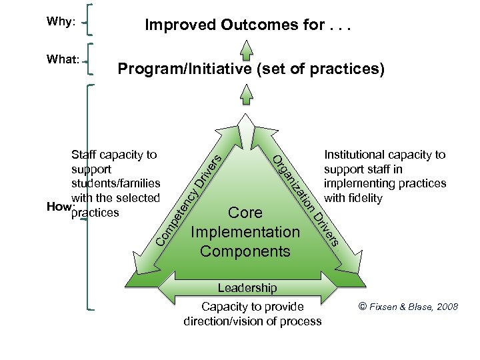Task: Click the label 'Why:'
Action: point(60,22)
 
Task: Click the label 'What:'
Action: point(63,59)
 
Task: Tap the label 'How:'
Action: point(57,207)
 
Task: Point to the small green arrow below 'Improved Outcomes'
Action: point(247,50)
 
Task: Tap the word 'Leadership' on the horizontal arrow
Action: point(247,288)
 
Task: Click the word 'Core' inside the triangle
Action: point(245,213)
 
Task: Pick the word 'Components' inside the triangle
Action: point(245,251)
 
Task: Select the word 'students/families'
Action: point(116,183)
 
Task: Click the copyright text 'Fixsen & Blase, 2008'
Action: point(415,307)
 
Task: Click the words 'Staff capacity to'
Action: point(114,155)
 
